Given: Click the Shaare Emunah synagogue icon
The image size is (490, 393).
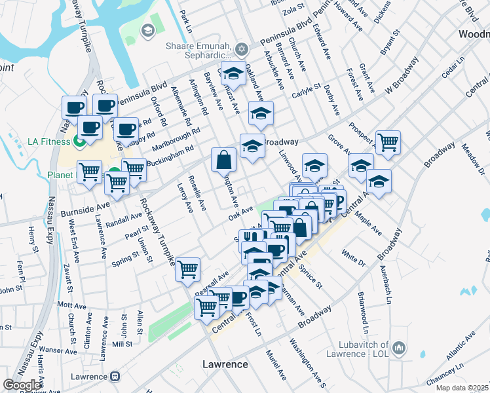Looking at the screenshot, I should coord(242,49).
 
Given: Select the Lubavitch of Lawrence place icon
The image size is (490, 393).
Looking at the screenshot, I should coord(399,346).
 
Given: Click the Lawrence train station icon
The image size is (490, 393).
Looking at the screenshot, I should coord(116,377).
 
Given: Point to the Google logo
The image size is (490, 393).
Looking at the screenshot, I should coord(22,385).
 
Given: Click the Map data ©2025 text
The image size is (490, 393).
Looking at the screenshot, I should coord(462,388).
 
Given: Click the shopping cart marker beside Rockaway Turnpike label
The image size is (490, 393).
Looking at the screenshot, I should coord(188,268).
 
